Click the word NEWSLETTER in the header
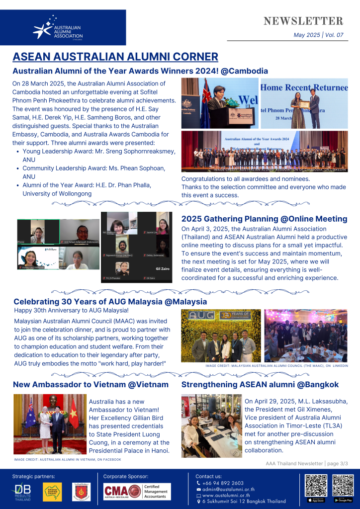[303, 21]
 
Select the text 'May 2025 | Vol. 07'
[318, 35]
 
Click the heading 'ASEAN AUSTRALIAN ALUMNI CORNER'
[115, 56]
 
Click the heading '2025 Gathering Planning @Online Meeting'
[264, 219]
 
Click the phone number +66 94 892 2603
[223, 483]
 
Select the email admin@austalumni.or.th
[226, 489]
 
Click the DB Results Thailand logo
[22, 491]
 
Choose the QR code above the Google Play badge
[343, 486]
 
